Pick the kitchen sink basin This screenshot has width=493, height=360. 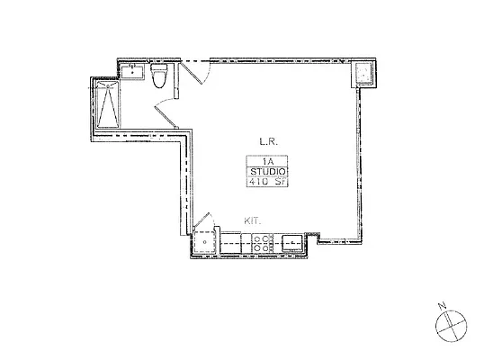(293, 241)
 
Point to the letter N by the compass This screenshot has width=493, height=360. (443, 306)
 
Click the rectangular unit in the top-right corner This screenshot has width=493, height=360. (366, 74)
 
